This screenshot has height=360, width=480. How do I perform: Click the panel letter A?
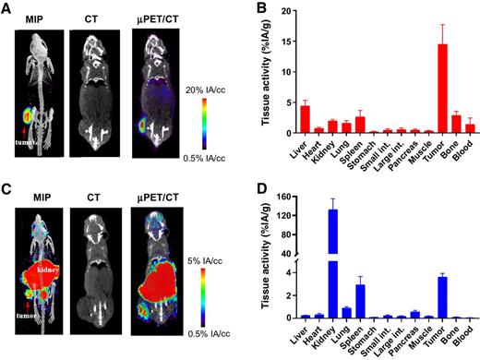click(x=7, y=8)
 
